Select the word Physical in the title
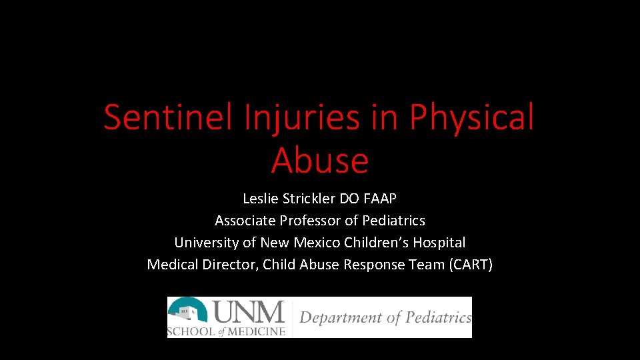point(472,117)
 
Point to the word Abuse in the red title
point(320,161)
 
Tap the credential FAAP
point(379,199)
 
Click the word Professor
point(312,221)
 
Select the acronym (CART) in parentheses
point(471,265)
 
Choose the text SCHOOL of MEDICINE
point(227,331)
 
